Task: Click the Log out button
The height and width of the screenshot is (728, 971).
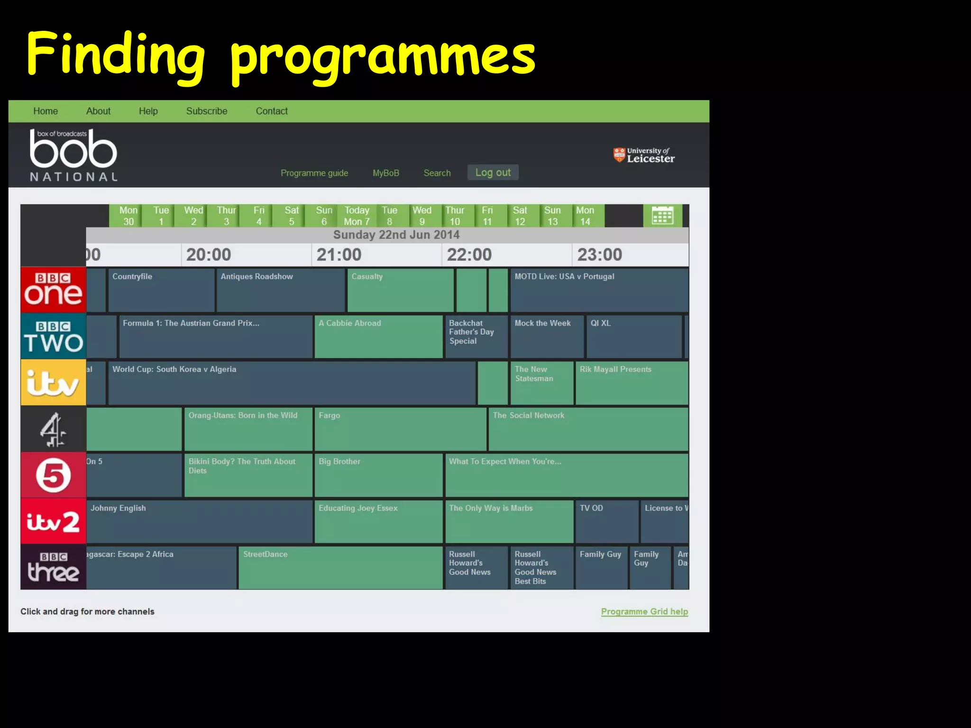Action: click(493, 173)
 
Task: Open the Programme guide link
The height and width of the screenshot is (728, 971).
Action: click(314, 173)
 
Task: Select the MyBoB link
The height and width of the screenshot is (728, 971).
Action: click(385, 173)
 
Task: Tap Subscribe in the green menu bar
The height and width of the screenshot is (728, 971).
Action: click(206, 111)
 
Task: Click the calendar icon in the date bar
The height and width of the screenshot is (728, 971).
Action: click(662, 216)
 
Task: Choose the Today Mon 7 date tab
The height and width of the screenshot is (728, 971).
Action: click(357, 216)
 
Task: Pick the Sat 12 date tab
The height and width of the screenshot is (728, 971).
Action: click(520, 216)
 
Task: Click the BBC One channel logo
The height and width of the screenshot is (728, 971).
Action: click(53, 290)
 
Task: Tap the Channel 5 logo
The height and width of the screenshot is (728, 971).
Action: click(53, 475)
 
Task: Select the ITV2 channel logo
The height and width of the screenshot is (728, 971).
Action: click(53, 521)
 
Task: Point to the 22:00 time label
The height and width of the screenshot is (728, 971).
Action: click(469, 255)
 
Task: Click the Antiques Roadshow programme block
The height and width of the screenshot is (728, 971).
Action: click(281, 290)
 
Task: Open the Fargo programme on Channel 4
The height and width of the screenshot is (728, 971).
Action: click(400, 429)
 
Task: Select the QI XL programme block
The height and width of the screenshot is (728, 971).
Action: click(634, 336)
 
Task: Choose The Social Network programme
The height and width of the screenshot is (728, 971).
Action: click(588, 429)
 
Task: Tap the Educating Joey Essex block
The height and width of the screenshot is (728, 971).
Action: click(378, 521)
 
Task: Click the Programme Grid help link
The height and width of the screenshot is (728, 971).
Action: click(644, 611)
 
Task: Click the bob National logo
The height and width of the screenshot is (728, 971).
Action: click(73, 155)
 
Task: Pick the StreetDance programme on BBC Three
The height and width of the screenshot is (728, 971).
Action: click(340, 567)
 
